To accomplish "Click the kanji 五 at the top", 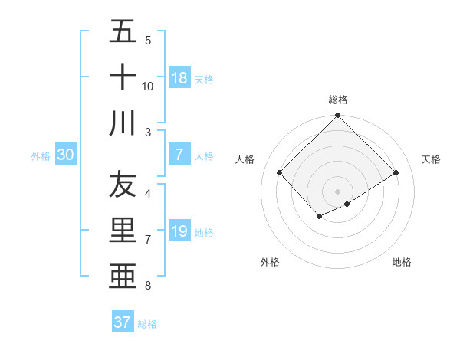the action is tap(123, 31).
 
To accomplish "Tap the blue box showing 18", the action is tap(179, 78).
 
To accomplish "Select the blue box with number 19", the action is tap(179, 232).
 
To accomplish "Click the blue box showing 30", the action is tap(66, 155).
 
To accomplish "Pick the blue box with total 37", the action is tap(123, 322).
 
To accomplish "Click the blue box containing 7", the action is tap(179, 155).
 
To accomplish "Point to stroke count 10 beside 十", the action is tap(148, 86).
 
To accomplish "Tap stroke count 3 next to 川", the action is tap(148, 132).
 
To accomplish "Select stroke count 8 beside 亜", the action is tap(148, 286).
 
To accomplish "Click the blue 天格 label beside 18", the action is tap(204, 80).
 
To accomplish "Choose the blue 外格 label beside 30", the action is tap(41, 156).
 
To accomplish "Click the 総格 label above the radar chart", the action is tap(338, 100).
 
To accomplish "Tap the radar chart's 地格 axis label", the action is tap(402, 262).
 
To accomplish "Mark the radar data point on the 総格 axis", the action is tap(338, 116).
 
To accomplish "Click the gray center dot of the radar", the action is tap(338, 191).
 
